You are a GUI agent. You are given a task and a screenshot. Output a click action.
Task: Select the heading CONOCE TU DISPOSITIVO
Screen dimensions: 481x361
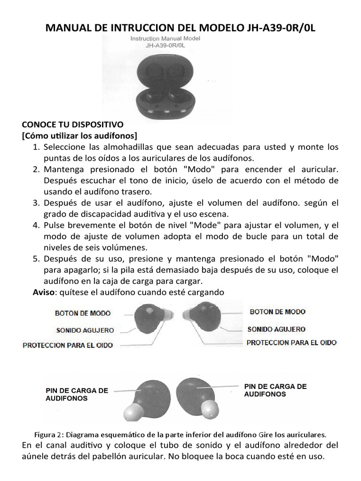point(72,125)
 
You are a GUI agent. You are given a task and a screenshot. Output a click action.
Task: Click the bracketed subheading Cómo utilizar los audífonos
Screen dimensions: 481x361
point(79,136)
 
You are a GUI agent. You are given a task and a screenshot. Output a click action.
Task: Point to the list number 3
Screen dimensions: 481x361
point(36,203)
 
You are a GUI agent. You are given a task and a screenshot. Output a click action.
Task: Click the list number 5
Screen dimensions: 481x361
point(36,259)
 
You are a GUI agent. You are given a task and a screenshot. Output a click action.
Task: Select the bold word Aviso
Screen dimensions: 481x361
point(44,292)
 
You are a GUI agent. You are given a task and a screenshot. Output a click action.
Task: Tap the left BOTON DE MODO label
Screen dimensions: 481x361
point(83,313)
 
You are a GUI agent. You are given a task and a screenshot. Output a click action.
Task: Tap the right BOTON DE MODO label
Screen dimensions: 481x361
point(277,311)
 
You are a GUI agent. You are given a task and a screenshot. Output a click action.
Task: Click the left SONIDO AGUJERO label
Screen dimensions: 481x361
point(85,330)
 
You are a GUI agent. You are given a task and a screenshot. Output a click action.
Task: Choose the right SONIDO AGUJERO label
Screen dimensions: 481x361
point(276,329)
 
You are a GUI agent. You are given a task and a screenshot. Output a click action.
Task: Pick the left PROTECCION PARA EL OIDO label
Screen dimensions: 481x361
point(68,346)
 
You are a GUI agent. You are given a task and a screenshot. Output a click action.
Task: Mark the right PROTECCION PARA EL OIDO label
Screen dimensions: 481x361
point(291,343)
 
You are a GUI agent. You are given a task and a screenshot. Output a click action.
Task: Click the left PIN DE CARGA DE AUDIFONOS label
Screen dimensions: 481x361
point(77,394)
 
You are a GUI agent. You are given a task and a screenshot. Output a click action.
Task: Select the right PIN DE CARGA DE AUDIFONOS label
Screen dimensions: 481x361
point(275,390)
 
